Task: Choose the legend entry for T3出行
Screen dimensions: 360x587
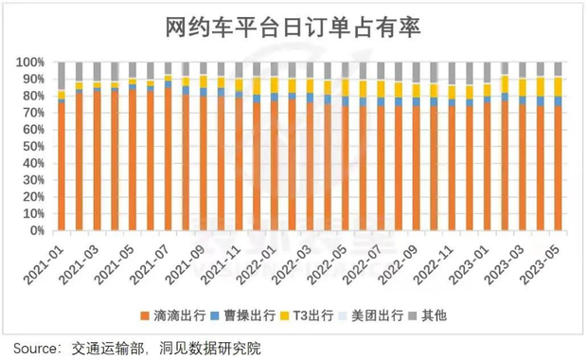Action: pos(316,315)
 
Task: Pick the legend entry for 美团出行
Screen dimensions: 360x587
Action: pos(384,315)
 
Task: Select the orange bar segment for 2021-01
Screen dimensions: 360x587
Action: pos(62,166)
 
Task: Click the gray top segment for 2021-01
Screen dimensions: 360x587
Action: pos(62,76)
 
